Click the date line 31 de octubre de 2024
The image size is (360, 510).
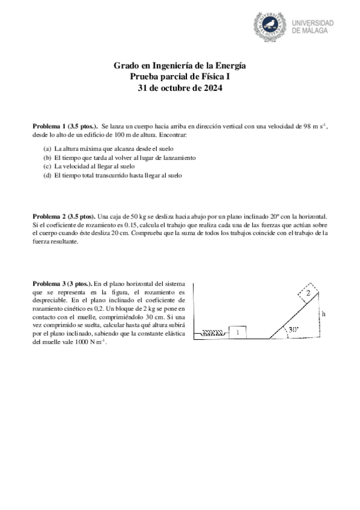click(180, 87)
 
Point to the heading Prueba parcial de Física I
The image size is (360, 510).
click(180, 76)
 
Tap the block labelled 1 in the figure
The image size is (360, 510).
click(238, 332)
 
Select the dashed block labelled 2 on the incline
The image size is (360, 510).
click(307, 293)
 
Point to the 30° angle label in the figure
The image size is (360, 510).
click(293, 330)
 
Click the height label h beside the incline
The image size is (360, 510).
click(323, 313)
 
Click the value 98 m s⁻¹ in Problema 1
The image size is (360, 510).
click(311, 127)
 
